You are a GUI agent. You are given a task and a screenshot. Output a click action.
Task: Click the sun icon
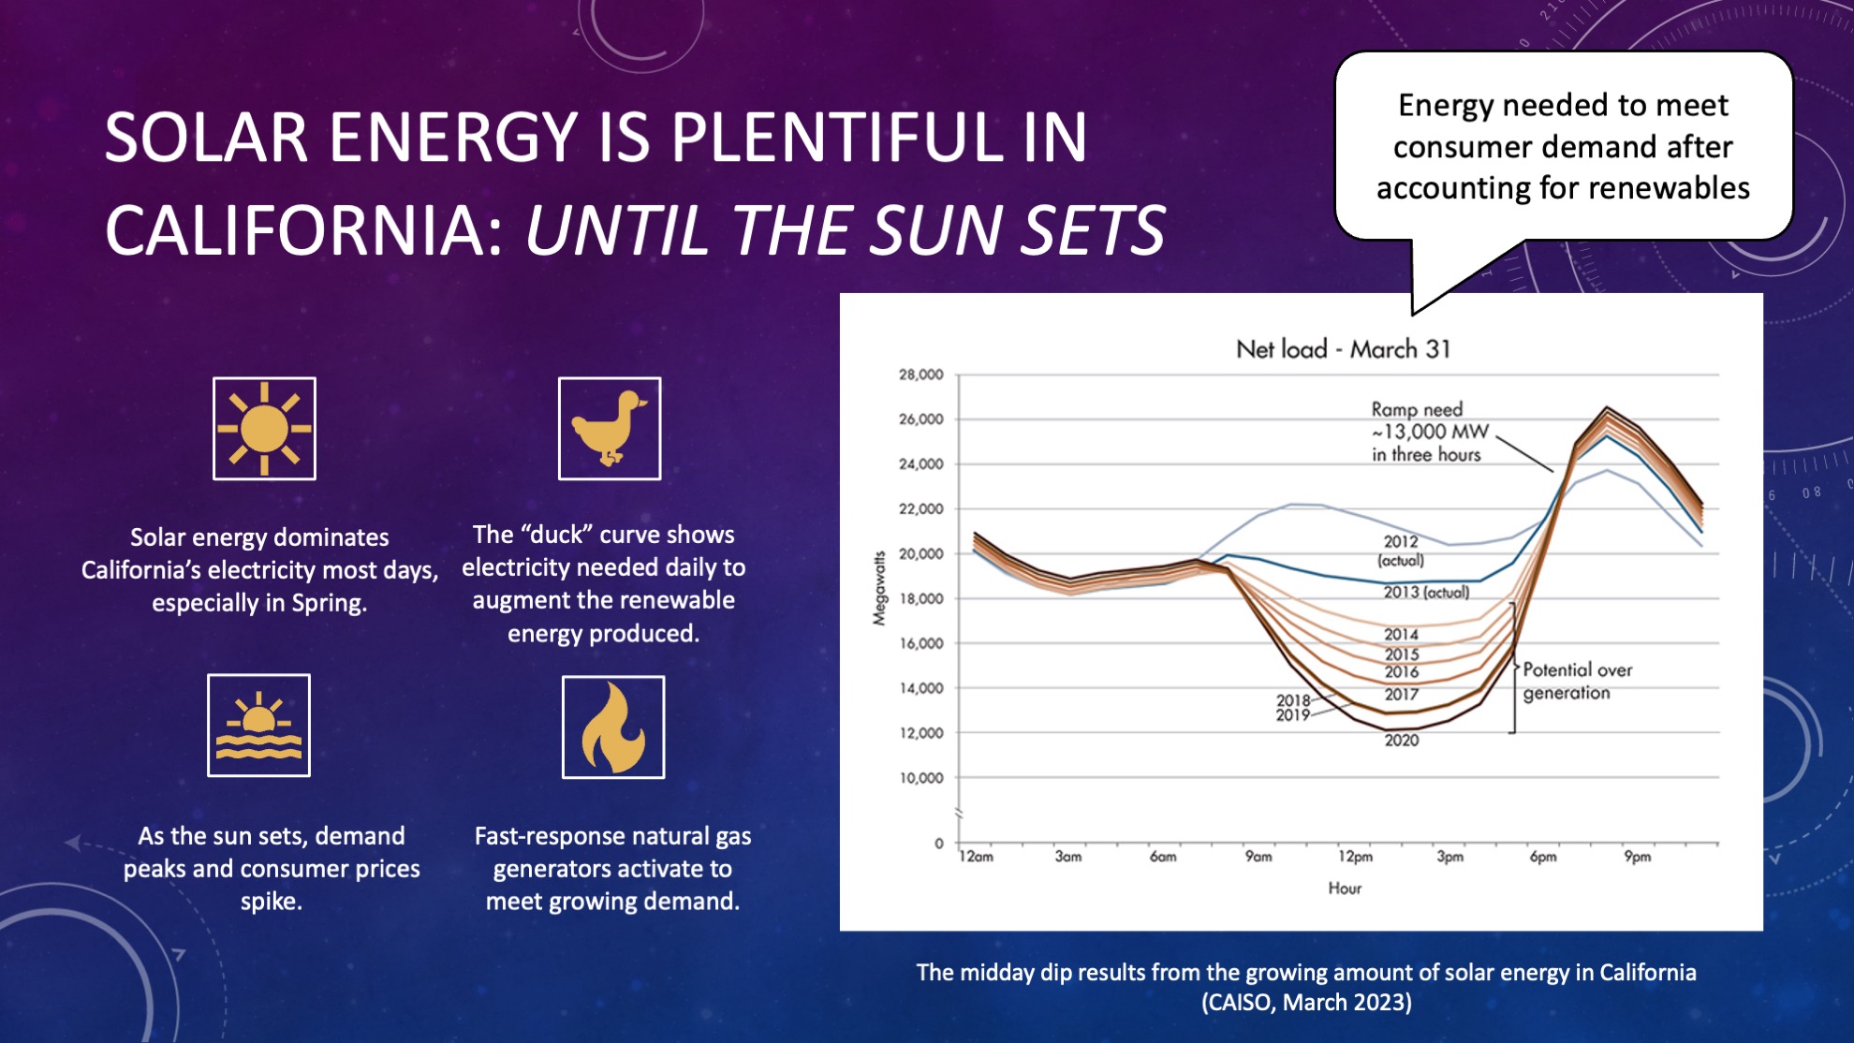(264, 429)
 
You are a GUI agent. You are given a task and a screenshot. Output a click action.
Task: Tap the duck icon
(610, 429)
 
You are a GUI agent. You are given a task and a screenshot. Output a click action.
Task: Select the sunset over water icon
(258, 726)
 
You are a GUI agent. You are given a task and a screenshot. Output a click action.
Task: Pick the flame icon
(613, 727)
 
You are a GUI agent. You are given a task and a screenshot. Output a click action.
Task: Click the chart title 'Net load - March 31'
(1343, 349)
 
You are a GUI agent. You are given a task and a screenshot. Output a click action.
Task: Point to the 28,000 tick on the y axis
(920, 375)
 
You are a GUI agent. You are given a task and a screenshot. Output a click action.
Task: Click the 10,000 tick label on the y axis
(920, 778)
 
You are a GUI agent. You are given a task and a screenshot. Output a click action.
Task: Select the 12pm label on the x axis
(1354, 857)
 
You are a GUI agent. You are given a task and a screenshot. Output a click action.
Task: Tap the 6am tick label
(1162, 857)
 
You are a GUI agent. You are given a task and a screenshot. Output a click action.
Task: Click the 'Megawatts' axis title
(878, 588)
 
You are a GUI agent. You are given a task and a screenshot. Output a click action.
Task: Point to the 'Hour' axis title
(1344, 888)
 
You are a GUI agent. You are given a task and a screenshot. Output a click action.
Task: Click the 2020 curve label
(1401, 741)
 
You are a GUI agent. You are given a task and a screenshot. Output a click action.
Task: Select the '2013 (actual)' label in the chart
(1426, 593)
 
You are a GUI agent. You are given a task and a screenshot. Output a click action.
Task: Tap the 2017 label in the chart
(1401, 695)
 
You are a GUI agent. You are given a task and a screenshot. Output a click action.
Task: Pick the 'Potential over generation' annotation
(1577, 681)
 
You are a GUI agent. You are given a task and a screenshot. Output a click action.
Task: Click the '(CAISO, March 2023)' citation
(1306, 1003)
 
